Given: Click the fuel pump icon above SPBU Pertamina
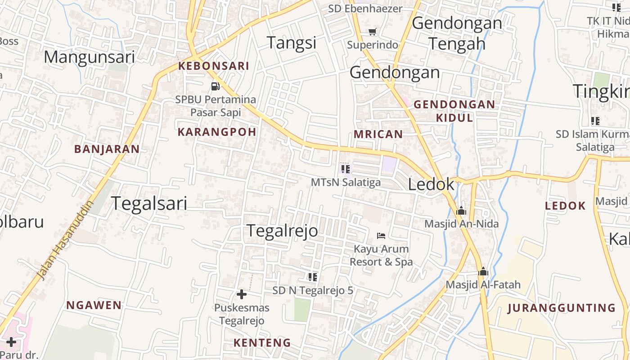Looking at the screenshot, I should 216,86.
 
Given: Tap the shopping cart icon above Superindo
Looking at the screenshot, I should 372,31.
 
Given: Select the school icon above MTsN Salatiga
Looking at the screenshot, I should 346,169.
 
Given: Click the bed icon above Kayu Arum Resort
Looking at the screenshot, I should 381,235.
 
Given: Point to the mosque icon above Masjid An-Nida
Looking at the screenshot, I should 461,211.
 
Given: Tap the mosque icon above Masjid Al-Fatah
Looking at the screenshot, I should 483,271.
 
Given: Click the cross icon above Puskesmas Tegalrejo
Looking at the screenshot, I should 242,294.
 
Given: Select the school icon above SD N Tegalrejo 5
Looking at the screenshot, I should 313,277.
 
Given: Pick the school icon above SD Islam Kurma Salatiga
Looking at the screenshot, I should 595,121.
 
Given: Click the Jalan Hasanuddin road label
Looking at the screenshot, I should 66,240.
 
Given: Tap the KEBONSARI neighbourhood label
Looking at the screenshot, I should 213,66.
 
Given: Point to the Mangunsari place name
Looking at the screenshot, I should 90,57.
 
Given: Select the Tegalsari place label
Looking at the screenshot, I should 149,203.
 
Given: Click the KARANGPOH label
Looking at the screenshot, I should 217,132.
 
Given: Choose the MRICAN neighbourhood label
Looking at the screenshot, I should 378,134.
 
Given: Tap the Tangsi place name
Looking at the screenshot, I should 292,43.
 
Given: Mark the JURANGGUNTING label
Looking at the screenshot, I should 561,308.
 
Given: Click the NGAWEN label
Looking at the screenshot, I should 94,305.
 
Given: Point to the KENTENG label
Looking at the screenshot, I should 262,342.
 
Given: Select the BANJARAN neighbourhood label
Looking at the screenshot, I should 107,149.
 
